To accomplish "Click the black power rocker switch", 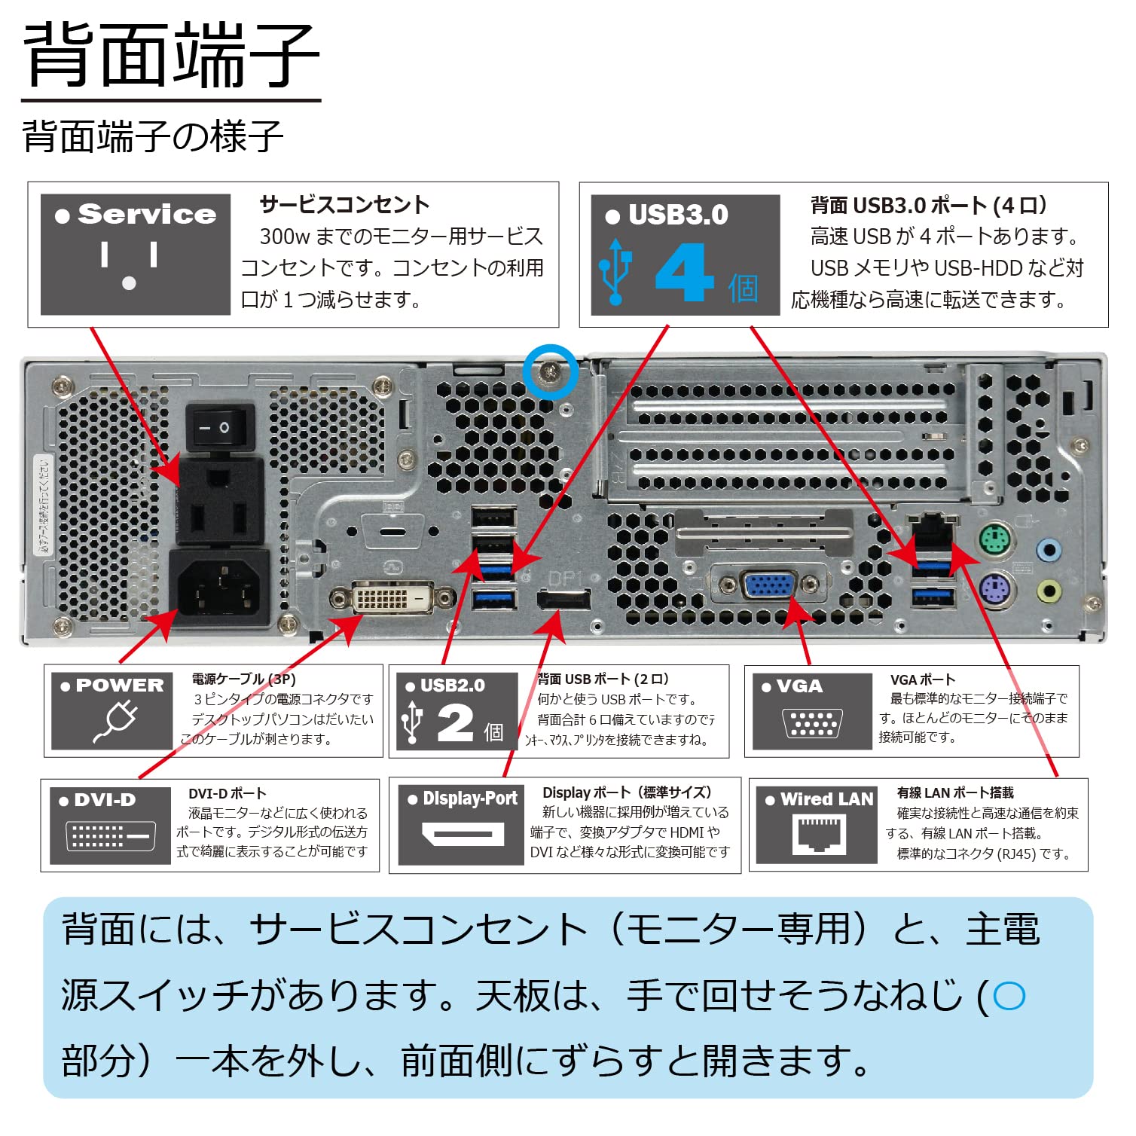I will coord(220,427).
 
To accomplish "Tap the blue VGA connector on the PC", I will coord(768,585).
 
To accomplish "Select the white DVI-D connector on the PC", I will coord(392,599).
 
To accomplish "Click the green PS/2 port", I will coord(995,540).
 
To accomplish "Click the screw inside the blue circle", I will coord(551,371).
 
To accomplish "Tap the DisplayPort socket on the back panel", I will coord(563,600).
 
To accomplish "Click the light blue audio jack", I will coord(1048,549).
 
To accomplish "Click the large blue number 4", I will coord(683,273).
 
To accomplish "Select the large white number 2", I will coord(455,723).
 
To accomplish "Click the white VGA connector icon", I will coord(812,723).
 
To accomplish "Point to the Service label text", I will coord(146,215).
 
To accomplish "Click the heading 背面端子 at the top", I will coord(171,56).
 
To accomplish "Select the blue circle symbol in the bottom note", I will coord(1009,996).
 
